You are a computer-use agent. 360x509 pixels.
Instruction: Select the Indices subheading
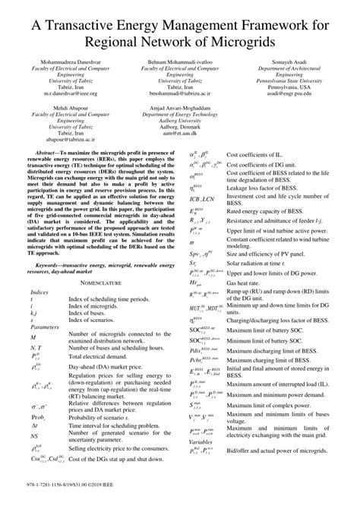(x=39, y=292)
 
